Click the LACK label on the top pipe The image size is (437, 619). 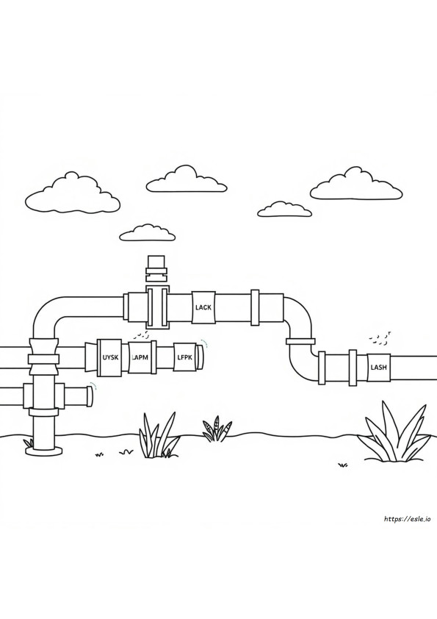click(203, 307)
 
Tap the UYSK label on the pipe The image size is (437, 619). click(110, 358)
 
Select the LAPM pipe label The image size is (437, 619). click(140, 358)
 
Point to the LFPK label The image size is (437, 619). click(184, 357)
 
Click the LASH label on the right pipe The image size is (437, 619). click(379, 367)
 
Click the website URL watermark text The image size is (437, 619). click(407, 519)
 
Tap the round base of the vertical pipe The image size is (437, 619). click(43, 451)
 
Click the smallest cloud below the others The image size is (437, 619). click(148, 233)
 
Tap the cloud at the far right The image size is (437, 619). click(356, 184)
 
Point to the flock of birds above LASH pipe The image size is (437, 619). click(380, 337)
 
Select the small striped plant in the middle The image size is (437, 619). click(217, 429)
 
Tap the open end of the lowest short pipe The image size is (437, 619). click(90, 396)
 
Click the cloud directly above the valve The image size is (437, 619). click(186, 179)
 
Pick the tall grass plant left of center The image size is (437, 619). click(157, 435)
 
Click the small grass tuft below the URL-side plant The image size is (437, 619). click(343, 465)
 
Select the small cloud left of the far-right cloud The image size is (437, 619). click(285, 210)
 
